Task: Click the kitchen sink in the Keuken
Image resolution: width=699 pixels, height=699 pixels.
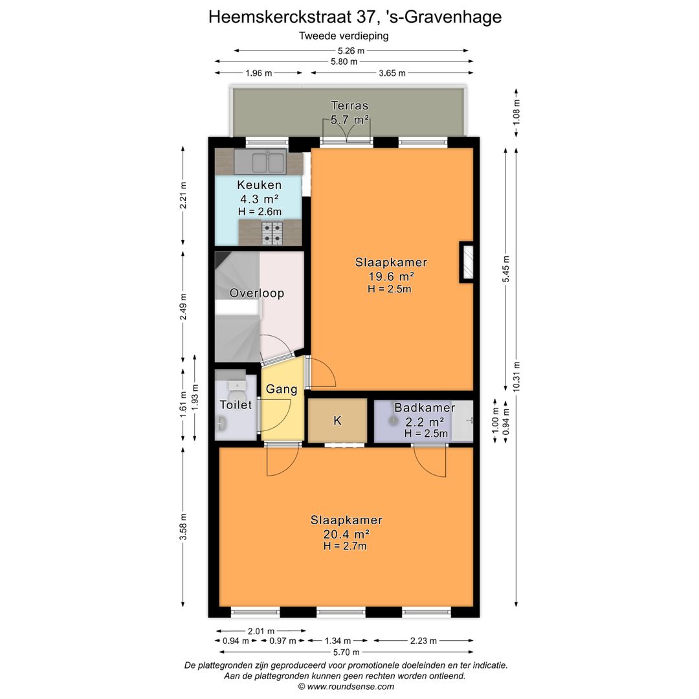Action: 260,162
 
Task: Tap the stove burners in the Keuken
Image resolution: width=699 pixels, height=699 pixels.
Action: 272,233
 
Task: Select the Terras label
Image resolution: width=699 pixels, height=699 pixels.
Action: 349,105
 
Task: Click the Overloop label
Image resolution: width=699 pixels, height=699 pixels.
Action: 257,293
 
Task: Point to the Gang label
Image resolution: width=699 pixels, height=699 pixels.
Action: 282,389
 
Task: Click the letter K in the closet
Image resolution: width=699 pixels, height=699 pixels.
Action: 337,421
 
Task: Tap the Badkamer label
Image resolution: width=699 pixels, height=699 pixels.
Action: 425,408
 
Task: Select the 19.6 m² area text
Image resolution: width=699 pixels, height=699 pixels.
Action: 391,276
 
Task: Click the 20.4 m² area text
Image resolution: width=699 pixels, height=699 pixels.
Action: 346,533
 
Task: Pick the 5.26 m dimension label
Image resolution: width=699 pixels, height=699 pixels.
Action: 351,51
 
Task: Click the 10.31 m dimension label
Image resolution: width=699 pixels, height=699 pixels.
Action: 516,377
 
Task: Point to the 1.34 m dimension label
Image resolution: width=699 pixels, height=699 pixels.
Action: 337,641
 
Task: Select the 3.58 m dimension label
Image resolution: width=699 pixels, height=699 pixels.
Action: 183,526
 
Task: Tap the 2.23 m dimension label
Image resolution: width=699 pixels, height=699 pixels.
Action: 423,641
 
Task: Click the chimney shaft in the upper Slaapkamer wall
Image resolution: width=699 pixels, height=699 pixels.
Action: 467,262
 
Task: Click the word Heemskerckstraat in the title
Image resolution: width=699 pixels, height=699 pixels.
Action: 280,17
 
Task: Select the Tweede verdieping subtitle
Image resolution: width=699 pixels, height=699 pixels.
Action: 344,36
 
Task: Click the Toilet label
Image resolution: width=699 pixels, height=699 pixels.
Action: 236,405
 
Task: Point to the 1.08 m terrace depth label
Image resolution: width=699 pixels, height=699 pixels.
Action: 516,112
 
